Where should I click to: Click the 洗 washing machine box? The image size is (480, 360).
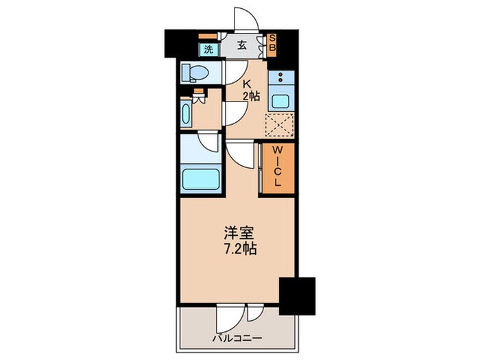(x=207, y=49)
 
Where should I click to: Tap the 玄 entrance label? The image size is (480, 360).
(x=242, y=47)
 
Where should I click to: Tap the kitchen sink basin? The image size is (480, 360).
(x=281, y=101)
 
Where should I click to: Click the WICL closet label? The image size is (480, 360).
(x=278, y=167)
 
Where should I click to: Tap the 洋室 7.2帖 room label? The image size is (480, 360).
(x=239, y=241)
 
